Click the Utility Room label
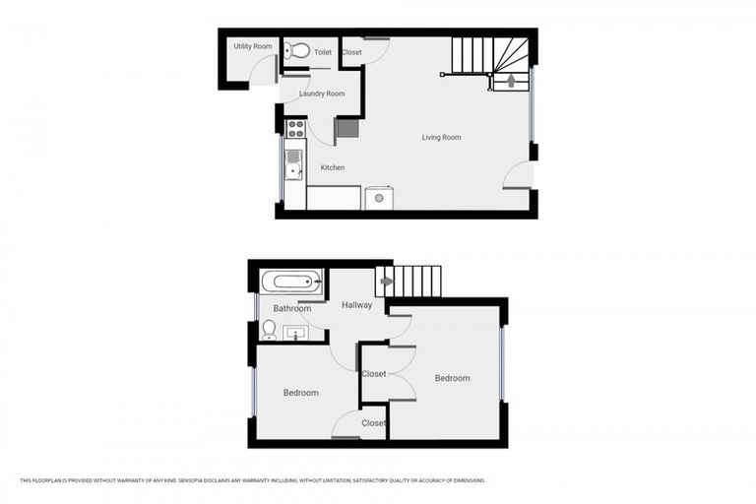click(253, 46)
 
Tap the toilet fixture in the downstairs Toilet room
click(296, 51)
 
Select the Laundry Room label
click(322, 94)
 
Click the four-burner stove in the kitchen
click(295, 128)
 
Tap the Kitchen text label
click(333, 167)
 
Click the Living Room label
click(441, 138)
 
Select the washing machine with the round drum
click(379, 198)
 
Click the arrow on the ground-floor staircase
click(510, 81)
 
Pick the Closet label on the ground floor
click(351, 52)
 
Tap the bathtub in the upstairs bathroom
click(292, 283)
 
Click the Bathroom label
click(292, 308)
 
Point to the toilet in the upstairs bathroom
click(269, 329)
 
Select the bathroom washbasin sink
click(297, 333)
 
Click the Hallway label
click(356, 305)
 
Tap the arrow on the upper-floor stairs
click(387, 283)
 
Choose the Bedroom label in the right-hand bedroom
click(452, 378)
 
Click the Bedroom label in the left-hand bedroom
click(301, 393)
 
